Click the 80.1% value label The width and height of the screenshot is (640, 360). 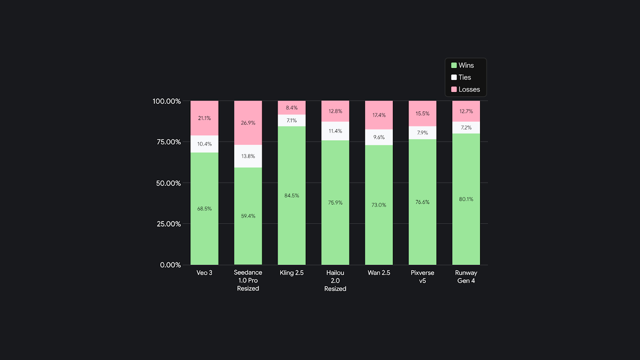(x=466, y=199)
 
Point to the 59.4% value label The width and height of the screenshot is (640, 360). (x=248, y=216)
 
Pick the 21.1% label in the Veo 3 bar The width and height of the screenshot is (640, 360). (x=204, y=118)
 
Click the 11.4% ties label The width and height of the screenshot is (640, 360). (x=335, y=131)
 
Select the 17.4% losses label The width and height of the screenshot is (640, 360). (x=379, y=115)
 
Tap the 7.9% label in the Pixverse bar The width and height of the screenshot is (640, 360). (x=422, y=133)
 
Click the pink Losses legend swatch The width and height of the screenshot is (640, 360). (x=454, y=89)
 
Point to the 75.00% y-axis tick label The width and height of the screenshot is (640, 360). (x=167, y=142)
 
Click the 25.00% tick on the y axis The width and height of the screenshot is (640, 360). (x=167, y=224)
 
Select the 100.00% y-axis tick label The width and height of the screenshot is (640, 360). (x=167, y=101)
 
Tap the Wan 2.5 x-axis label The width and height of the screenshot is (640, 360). (x=379, y=273)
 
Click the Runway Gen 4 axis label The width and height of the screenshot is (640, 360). (x=466, y=276)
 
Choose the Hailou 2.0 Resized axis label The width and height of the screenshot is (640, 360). (x=335, y=280)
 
